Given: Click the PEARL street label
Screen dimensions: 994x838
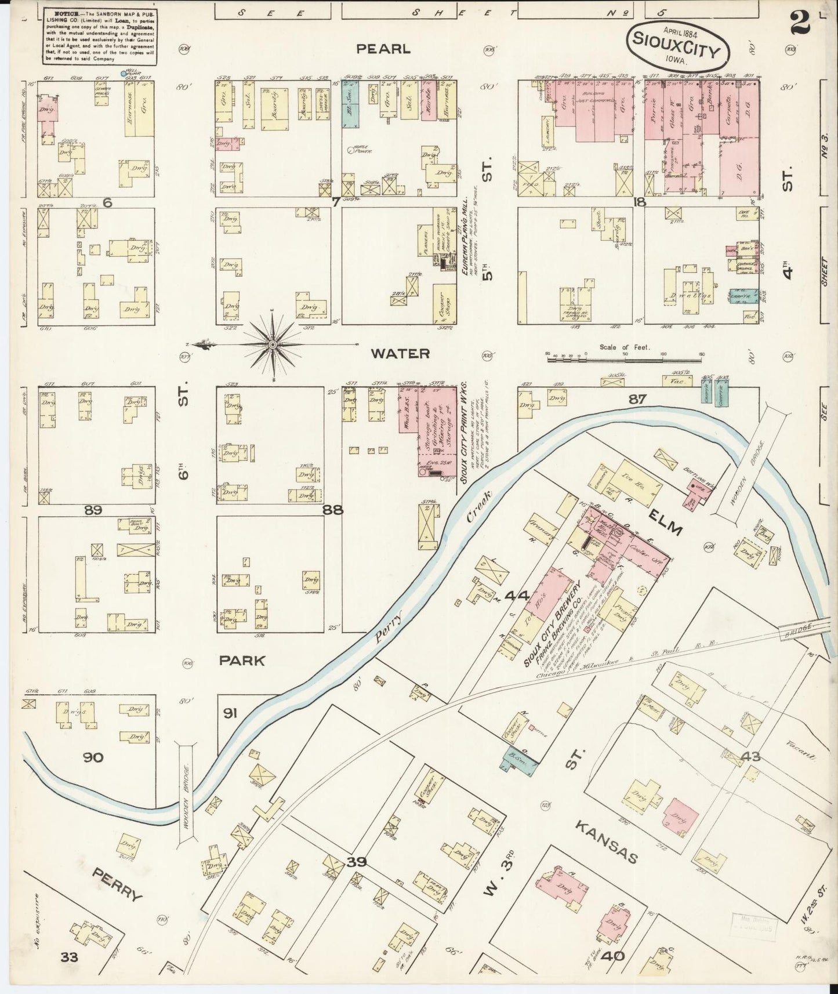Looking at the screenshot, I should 383,50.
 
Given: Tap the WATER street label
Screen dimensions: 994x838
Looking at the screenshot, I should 400,354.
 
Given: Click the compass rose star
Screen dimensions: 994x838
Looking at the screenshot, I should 273,345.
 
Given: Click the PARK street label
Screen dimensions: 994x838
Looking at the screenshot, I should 242,661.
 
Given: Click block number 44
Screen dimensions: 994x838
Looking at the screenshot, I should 517,596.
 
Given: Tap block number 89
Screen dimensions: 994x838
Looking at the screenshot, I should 93,511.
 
